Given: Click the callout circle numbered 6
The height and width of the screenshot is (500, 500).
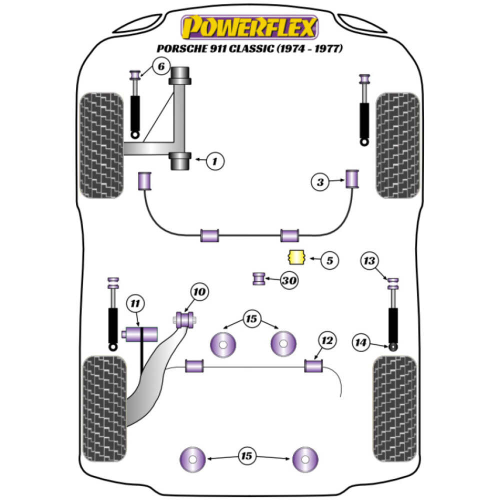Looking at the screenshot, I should pyautogui.click(x=160, y=66).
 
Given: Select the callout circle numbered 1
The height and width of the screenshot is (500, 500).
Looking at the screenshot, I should pyautogui.click(x=215, y=160).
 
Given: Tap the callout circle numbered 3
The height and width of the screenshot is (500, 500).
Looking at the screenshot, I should pyautogui.click(x=320, y=182).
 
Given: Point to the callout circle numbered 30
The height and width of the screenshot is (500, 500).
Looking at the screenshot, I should pyautogui.click(x=288, y=281).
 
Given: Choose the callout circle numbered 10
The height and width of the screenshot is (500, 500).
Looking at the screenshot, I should pyautogui.click(x=199, y=292).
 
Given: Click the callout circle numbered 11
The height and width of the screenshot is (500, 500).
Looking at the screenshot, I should pyautogui.click(x=135, y=303).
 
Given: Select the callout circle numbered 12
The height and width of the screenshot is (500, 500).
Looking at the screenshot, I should pyautogui.click(x=327, y=341).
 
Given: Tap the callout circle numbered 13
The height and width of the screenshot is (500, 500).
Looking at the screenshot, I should pyautogui.click(x=370, y=260).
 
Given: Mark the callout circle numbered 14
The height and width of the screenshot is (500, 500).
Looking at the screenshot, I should pyautogui.click(x=361, y=342).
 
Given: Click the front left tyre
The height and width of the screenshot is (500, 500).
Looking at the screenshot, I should pyautogui.click(x=102, y=145).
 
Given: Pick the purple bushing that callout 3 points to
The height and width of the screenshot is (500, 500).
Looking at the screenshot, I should pyautogui.click(x=353, y=179).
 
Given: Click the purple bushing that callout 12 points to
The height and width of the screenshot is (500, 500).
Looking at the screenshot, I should pyautogui.click(x=313, y=365).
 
